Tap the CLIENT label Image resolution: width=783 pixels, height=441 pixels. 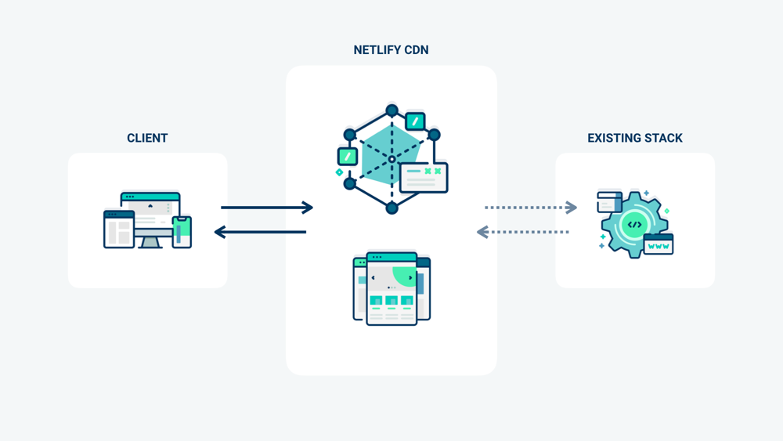pos(147,138)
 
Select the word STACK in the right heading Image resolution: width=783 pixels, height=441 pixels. pos(664,138)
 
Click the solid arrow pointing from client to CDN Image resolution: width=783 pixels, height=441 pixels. pos(266,208)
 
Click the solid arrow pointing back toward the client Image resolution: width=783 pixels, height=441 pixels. pos(260,232)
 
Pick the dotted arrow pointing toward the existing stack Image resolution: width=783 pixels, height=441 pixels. pos(531,208)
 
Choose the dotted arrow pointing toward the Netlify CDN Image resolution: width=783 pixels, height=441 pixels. pos(522,232)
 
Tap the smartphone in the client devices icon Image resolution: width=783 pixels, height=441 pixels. pos(182,232)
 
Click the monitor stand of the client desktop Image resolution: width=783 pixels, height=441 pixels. pos(150,243)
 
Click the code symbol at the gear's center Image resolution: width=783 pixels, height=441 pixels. pos(634,225)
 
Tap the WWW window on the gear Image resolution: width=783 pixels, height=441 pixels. pos(658,244)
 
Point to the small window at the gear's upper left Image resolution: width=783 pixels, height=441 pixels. pos(609,202)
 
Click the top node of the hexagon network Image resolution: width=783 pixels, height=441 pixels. pos(391,110)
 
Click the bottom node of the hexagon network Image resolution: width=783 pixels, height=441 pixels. pos(391,208)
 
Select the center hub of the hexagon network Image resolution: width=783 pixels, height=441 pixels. pos(391,159)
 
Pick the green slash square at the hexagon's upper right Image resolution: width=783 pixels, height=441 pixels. pos(415,121)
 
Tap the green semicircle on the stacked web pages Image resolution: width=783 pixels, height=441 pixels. pos(406,276)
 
